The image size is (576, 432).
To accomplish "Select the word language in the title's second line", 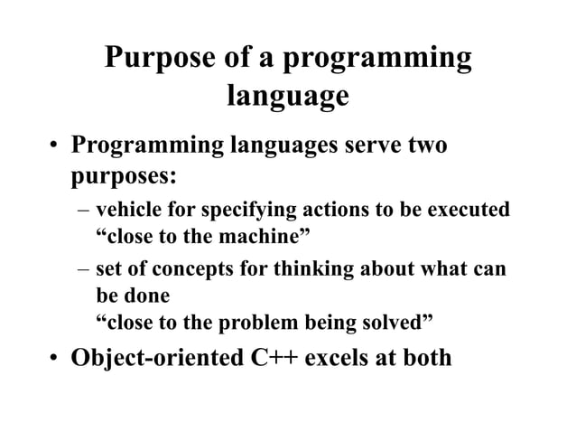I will (287, 96).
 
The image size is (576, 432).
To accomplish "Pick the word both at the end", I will (423, 357).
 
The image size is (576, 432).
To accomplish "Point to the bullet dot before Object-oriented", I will (56, 359).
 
